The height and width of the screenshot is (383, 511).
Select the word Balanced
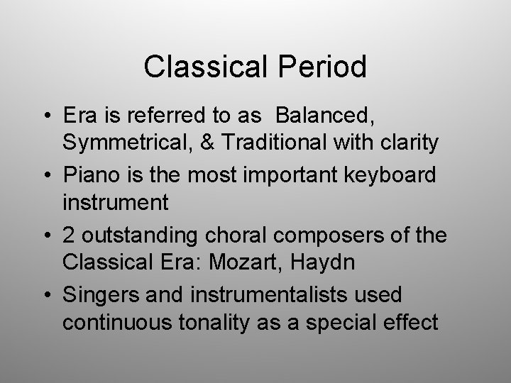click(x=325, y=116)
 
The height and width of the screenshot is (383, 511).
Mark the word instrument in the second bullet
click(x=116, y=203)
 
